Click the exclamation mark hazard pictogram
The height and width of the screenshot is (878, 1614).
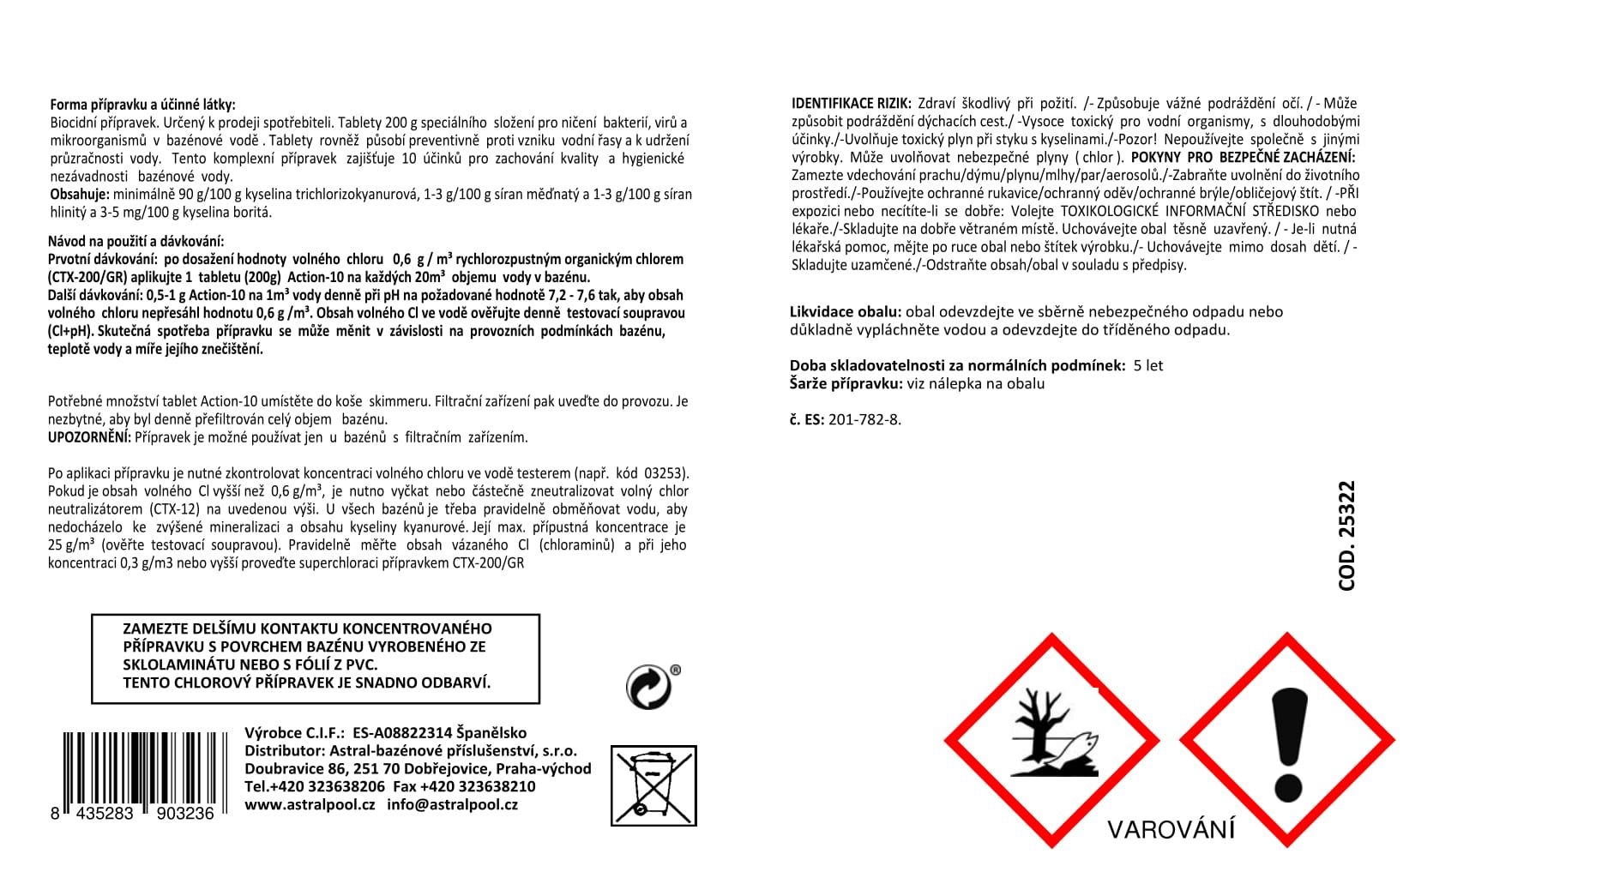tap(1288, 741)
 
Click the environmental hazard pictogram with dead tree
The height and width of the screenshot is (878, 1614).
tap(1051, 741)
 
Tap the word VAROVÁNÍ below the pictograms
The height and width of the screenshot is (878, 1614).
tap(1171, 830)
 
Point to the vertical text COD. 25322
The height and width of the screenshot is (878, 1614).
tap(1346, 536)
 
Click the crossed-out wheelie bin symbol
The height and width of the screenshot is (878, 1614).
tap(653, 785)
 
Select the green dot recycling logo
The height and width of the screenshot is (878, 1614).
tap(649, 687)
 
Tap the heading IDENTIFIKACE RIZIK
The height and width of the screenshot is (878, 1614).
tap(851, 104)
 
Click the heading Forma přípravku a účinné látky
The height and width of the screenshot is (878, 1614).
tap(142, 105)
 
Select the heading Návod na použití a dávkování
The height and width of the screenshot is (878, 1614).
tap(136, 242)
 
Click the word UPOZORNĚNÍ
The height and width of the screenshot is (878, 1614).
tap(89, 437)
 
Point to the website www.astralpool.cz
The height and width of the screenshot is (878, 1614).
tap(310, 805)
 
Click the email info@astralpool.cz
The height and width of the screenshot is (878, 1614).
tap(452, 805)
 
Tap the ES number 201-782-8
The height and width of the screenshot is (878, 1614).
tap(864, 420)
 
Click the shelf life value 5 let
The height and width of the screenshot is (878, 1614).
tap(1148, 366)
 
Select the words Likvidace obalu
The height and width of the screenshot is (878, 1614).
tap(845, 312)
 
